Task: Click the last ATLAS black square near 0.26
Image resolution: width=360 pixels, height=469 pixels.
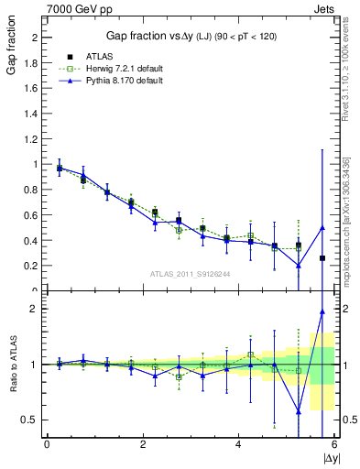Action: click(322, 258)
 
